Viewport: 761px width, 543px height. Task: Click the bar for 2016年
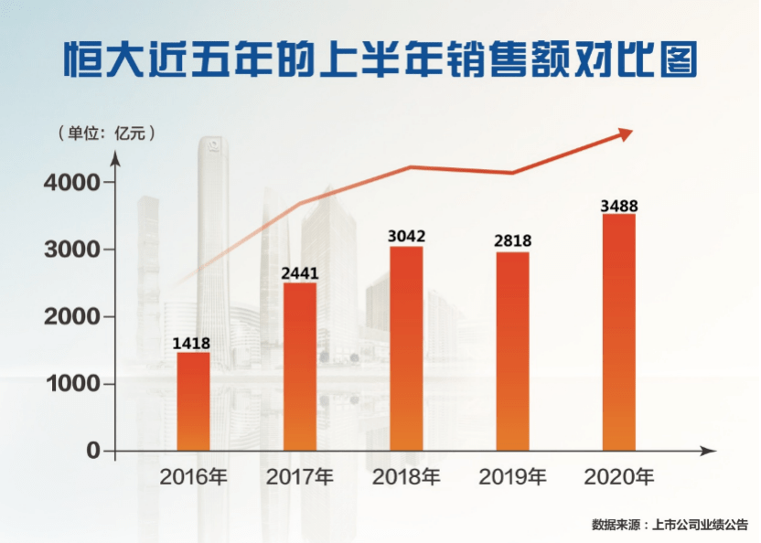tap(193, 401)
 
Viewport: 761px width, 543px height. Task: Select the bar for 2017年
tap(300, 367)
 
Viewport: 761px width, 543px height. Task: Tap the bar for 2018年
tap(406, 348)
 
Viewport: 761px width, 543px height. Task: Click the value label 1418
tap(192, 342)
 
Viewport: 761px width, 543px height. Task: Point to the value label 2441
tap(300, 272)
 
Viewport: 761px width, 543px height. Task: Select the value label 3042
tap(406, 236)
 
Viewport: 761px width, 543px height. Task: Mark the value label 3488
tap(619, 205)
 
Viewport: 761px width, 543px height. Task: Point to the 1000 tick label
tap(71, 384)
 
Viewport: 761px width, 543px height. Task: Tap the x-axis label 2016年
tap(193, 477)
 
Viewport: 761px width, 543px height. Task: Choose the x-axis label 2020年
tap(619, 477)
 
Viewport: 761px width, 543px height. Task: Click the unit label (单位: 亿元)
tap(106, 133)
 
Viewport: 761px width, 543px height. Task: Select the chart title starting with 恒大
tap(380, 59)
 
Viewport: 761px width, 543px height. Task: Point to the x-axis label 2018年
tap(406, 477)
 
